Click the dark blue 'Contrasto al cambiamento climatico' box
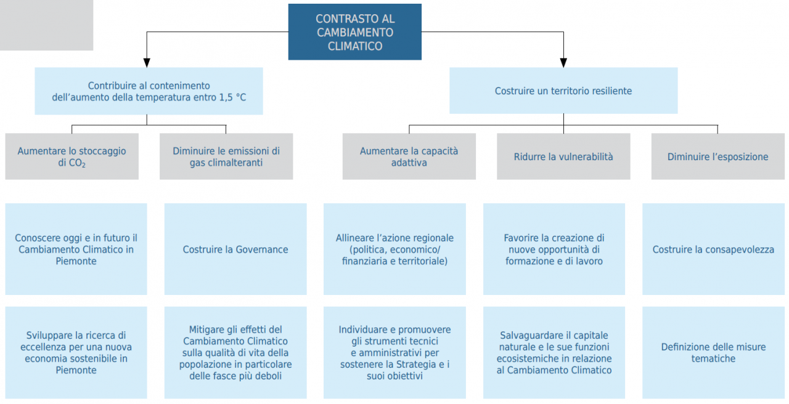coord(354,32)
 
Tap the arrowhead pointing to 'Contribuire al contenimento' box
coord(147,63)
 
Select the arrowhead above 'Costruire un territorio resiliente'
coord(563,63)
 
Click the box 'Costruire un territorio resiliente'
coord(563,91)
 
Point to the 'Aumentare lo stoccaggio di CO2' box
coord(72,156)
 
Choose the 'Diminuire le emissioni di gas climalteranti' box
coord(226,156)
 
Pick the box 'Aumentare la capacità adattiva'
coord(409,156)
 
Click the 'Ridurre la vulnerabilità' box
coord(563,156)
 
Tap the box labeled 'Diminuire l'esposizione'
coord(718,156)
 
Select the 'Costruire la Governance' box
coord(235,249)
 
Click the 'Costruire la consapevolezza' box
coord(713,249)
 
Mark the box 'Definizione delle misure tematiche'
coord(713,353)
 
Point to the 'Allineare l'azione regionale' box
coord(394,249)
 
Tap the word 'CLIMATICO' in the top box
coord(355,46)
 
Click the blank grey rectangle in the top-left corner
coord(46,25)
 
